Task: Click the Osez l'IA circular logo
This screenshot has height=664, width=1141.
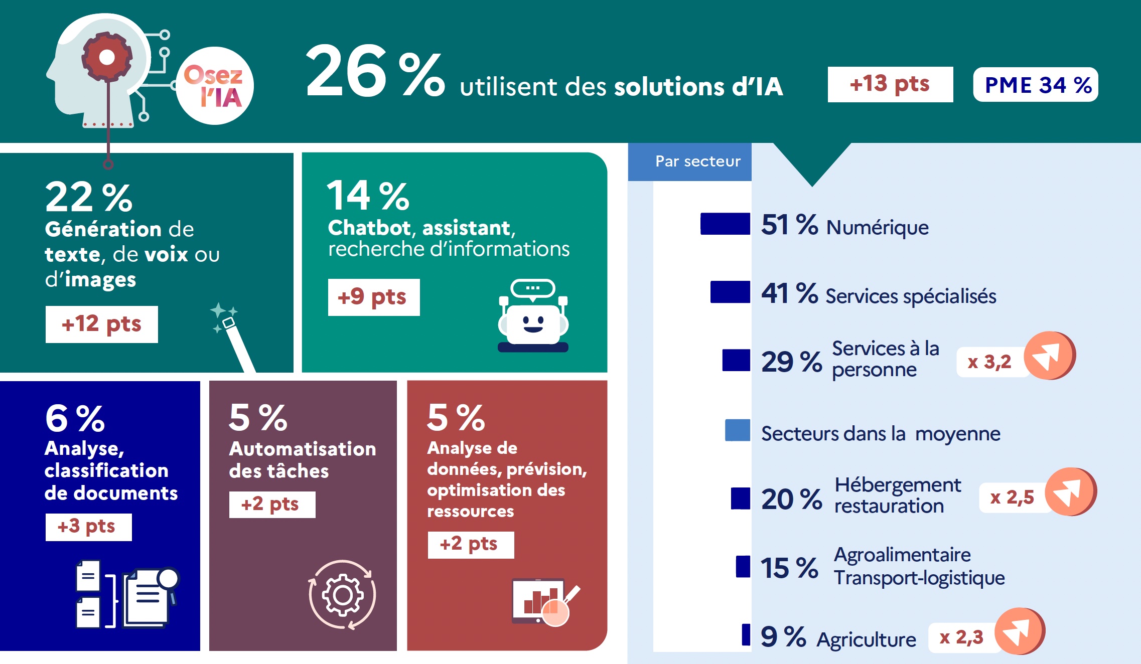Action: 215,86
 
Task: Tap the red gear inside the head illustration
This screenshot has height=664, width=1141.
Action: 107,57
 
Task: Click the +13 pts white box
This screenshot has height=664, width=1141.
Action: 890,84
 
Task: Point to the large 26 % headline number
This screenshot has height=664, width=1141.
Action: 374,71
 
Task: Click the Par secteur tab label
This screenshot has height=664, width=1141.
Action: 697,161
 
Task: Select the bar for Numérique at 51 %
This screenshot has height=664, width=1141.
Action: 725,224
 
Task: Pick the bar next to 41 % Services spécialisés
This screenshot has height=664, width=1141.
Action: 730,292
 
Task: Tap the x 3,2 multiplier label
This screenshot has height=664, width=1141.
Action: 989,362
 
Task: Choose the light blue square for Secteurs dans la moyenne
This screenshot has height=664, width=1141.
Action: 737,430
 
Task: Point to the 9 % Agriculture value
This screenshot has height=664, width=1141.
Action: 783,637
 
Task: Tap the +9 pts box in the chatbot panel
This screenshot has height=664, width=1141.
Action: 373,297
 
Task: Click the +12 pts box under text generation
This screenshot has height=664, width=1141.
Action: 101,324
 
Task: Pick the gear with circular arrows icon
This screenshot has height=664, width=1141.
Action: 342,595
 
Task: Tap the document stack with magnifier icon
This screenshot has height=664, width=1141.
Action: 128,595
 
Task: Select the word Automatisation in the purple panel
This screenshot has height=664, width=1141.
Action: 302,449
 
